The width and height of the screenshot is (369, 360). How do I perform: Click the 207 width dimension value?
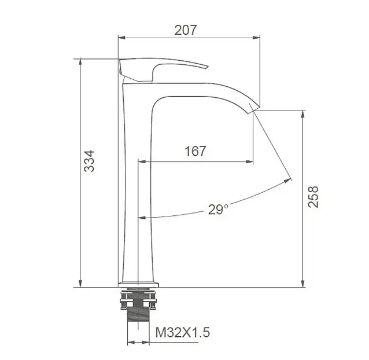186,30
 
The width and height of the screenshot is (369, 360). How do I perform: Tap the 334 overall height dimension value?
90,161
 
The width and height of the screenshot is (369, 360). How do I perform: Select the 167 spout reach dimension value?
195,151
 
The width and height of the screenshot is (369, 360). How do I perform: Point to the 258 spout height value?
313,197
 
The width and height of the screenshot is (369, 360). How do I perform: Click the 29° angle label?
218,210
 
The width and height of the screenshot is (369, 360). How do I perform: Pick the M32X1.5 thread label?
183,332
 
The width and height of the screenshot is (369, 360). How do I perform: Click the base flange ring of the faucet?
138,285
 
